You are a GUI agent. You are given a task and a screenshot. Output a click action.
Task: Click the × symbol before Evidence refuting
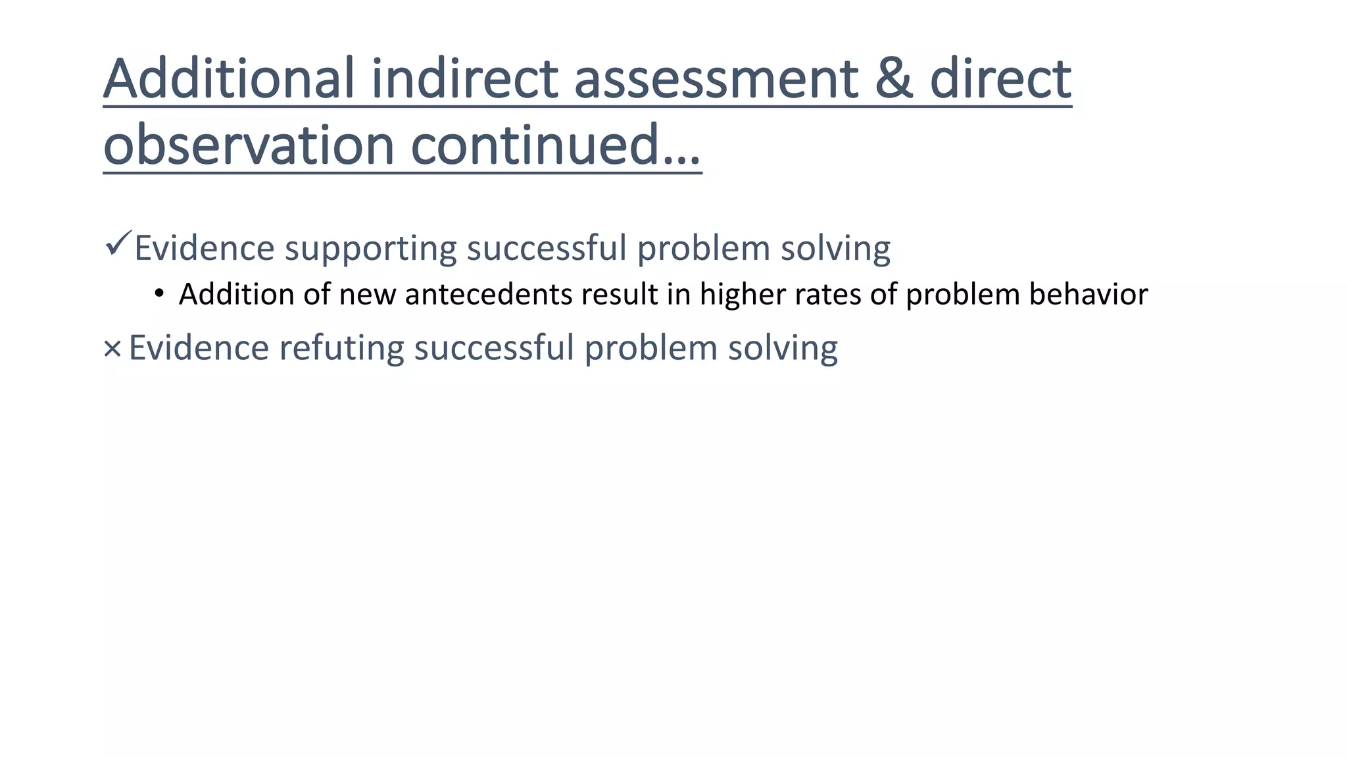point(112,349)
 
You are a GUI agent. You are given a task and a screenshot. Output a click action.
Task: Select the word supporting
point(370,249)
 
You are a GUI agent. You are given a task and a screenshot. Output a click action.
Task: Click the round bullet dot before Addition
point(159,293)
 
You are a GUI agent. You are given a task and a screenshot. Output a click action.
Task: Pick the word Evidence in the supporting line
point(205,249)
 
